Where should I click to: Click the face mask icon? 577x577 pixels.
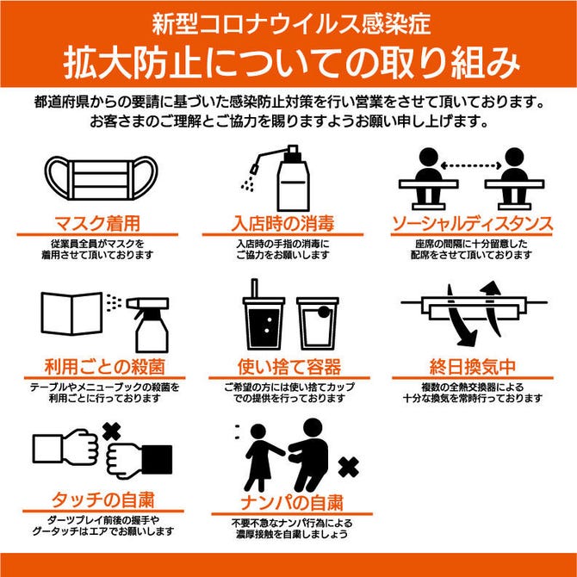[x=102, y=178]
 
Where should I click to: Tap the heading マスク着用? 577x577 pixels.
[x=97, y=223]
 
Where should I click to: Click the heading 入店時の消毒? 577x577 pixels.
[x=282, y=223]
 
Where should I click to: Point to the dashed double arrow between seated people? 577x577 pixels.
[x=471, y=165]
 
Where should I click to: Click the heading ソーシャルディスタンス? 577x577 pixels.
[x=472, y=224]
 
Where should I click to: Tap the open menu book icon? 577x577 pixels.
[x=71, y=313]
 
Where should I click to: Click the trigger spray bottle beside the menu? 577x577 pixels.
[x=148, y=325]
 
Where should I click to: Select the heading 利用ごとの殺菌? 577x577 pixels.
[x=104, y=367]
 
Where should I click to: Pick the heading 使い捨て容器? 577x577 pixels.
[x=289, y=367]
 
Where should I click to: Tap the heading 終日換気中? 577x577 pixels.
[x=473, y=367]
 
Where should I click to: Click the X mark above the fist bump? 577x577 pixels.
[x=112, y=431]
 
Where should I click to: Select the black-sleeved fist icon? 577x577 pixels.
[x=140, y=461]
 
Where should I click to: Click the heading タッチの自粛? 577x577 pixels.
[x=102, y=499]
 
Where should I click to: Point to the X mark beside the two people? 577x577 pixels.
[x=348, y=468]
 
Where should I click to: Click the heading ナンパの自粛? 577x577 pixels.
[x=292, y=503]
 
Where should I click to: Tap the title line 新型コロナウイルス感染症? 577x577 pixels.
[x=291, y=24]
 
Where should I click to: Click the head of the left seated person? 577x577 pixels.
[x=429, y=157]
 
